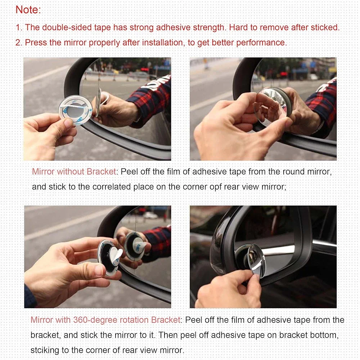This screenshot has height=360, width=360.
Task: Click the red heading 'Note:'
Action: click(x=28, y=10)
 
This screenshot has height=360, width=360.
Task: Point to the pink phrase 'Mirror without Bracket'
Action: click(x=74, y=172)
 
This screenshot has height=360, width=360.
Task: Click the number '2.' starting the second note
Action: click(x=19, y=43)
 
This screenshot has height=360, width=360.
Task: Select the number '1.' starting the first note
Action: click(x=19, y=28)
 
